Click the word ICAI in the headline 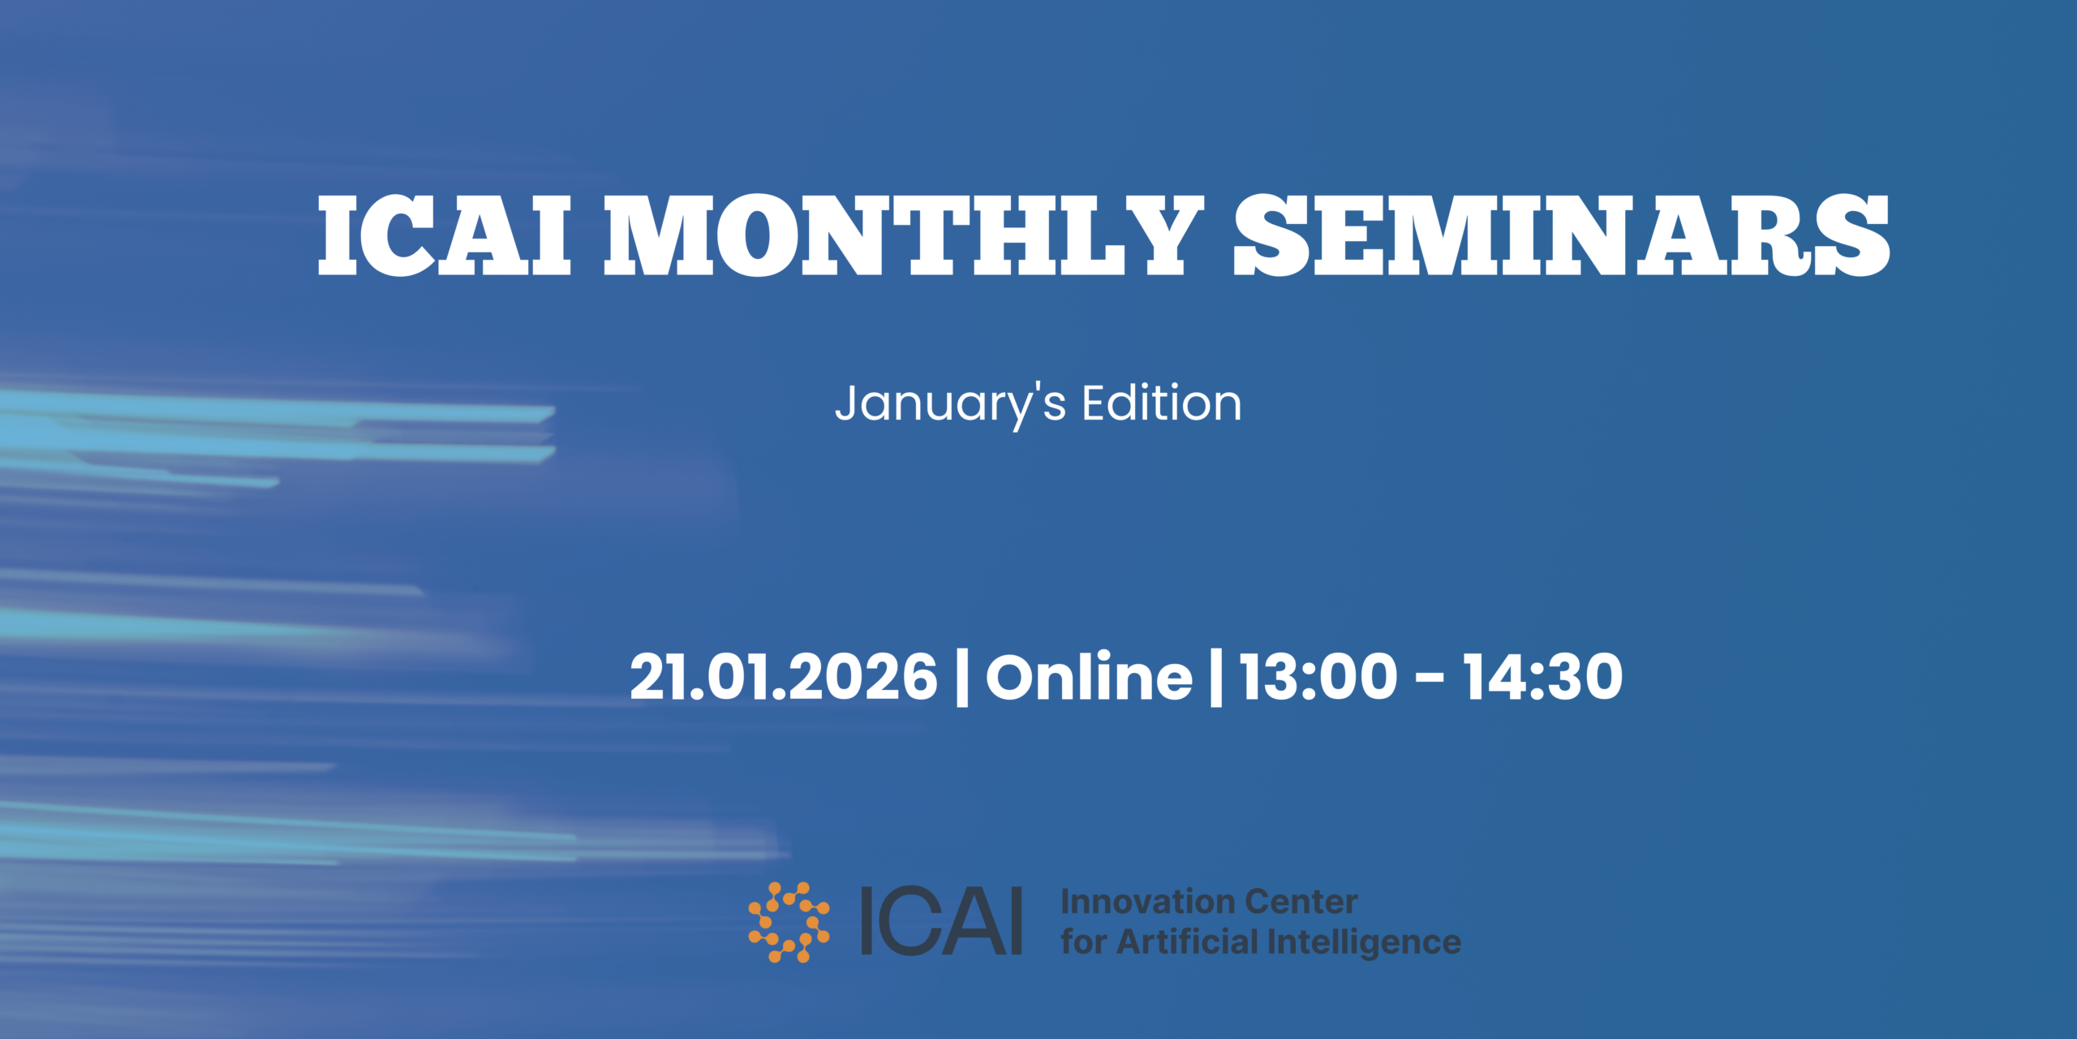[x=445, y=235]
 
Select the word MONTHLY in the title [x=904, y=235]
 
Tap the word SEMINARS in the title [x=1562, y=235]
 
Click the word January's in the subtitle [x=950, y=405]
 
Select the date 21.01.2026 [x=784, y=677]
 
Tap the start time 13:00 [x=1319, y=677]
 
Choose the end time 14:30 [x=1543, y=677]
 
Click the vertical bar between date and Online [x=962, y=677]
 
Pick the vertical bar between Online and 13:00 [x=1216, y=677]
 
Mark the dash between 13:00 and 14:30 [x=1430, y=679]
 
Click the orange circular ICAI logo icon [x=789, y=922]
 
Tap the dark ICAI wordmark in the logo [x=941, y=921]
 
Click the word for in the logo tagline [x=1084, y=942]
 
